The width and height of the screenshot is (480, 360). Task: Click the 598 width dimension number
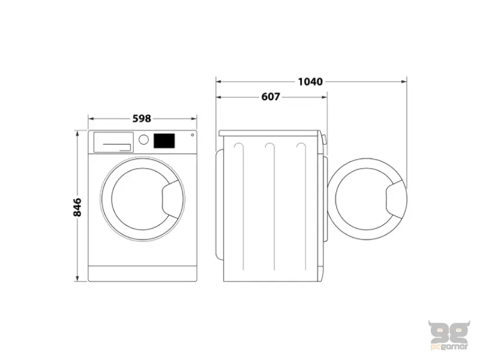[142, 119]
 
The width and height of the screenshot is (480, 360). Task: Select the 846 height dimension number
[77, 206]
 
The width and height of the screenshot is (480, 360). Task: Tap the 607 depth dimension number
[271, 97]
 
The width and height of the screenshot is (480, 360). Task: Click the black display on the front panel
[164, 140]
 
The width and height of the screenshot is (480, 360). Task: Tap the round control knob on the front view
[143, 140]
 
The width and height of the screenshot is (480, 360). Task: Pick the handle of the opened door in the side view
[395, 201]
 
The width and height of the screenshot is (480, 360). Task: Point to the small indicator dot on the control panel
[192, 135]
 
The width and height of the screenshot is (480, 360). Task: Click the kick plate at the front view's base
[143, 273]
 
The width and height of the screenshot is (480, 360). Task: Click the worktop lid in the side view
[271, 133]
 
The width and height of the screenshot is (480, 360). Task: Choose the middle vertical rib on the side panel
[273, 207]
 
